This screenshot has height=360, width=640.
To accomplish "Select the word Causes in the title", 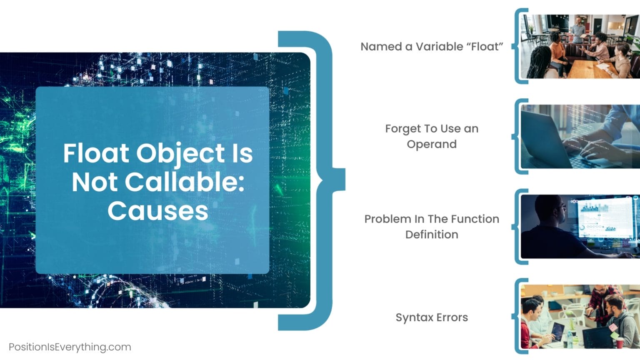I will click(x=158, y=211).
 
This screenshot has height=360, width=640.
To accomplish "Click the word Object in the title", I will click(x=180, y=154).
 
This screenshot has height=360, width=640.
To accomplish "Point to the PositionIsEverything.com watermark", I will click(x=70, y=347).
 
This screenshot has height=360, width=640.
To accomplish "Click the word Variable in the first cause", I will click(x=439, y=47).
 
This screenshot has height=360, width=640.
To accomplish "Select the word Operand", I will click(x=432, y=144).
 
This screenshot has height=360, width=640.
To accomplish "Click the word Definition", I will click(x=432, y=235).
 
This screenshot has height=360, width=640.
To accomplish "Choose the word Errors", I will click(x=452, y=317).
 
